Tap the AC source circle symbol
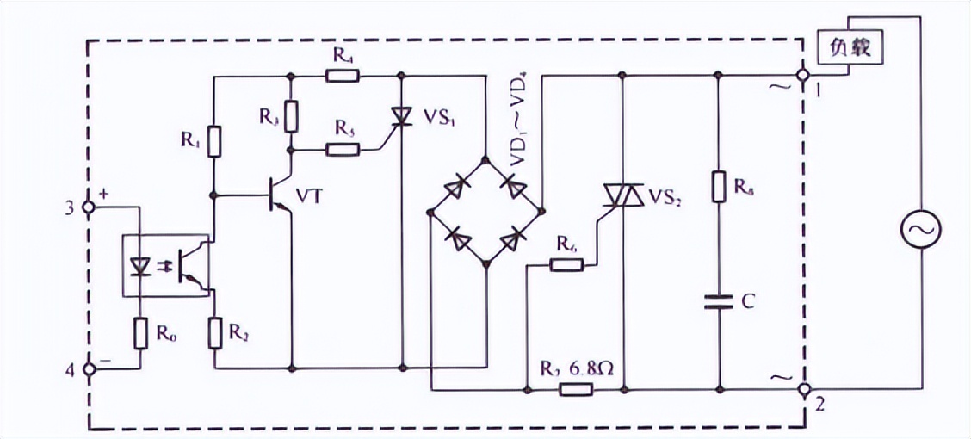tap(920, 229)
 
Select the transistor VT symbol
tap(281, 195)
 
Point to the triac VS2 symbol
tap(622, 196)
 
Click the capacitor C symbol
tap(718, 301)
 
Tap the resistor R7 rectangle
tap(575, 389)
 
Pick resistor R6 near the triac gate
tap(567, 265)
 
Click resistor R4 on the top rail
tap(342, 76)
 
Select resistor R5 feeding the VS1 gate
tap(342, 150)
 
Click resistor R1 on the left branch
tap(214, 140)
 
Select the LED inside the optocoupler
tap(140, 266)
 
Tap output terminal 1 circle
tap(804, 76)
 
